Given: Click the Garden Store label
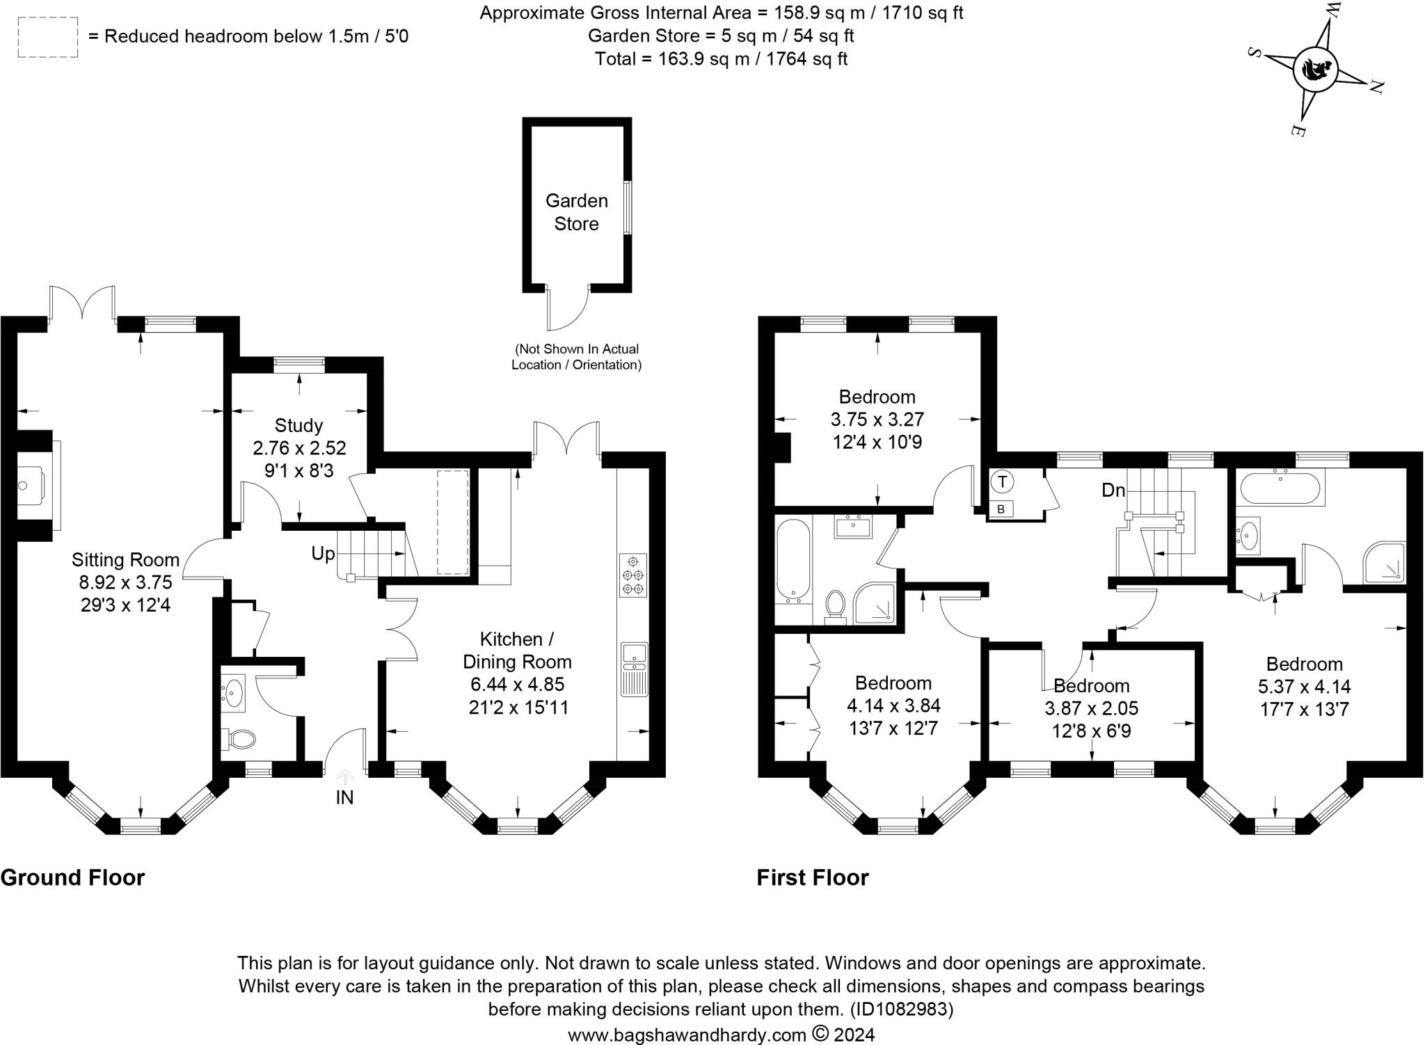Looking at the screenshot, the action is [x=576, y=212].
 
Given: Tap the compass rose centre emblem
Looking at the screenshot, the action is [x=1315, y=70].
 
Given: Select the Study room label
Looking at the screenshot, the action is [x=298, y=425].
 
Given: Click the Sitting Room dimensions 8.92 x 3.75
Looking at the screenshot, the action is [x=125, y=582].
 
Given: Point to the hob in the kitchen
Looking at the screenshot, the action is [x=632, y=575].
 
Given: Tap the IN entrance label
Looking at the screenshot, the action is [x=344, y=797].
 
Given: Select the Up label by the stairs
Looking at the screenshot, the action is [x=323, y=554].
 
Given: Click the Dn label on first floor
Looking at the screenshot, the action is [x=1113, y=490].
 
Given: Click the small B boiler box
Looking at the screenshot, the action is [x=1001, y=509].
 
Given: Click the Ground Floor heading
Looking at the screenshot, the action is [x=72, y=878].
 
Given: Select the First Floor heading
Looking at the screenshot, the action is [x=813, y=878].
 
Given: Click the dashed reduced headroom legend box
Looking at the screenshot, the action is [x=47, y=38].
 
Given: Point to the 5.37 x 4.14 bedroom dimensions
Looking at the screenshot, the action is [x=1304, y=687].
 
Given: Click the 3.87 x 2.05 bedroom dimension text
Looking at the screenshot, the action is [x=1091, y=708].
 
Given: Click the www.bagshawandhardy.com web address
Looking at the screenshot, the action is [x=687, y=1035].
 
